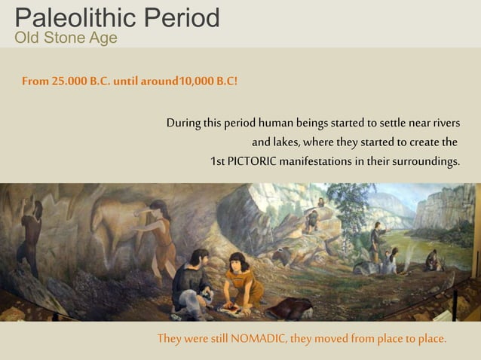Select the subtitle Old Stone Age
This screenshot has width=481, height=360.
[x=66, y=38]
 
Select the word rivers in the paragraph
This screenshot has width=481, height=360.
[x=442, y=123]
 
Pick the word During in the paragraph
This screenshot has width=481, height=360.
[x=183, y=123]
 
